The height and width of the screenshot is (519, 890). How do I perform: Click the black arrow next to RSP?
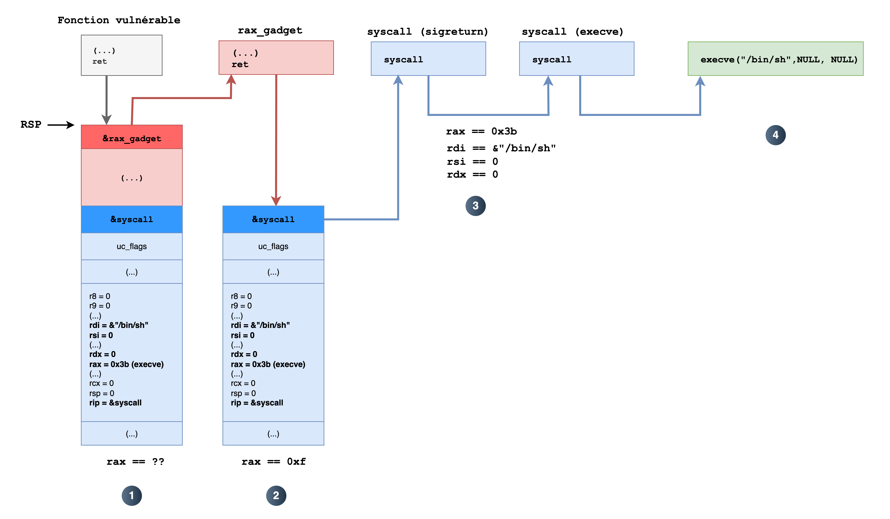(61, 125)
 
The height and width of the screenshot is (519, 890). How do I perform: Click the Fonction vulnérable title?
(119, 20)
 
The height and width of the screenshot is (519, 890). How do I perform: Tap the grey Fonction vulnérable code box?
(122, 55)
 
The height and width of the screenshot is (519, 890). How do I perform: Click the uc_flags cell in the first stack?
(132, 246)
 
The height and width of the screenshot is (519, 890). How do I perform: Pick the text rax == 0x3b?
(481, 131)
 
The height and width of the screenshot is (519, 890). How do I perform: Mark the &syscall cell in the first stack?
(132, 219)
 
